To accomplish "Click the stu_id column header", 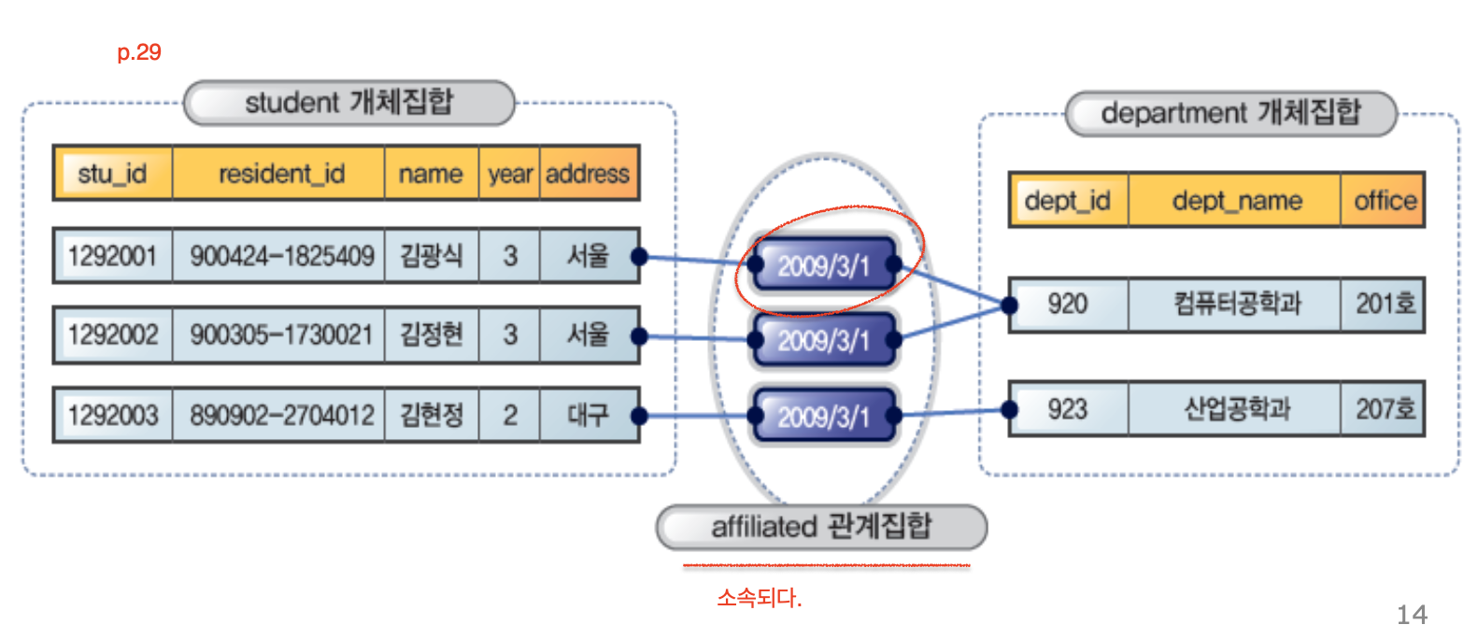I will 112,174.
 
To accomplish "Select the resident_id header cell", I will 280,174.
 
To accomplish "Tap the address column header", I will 588,174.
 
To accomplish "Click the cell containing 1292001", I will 112,255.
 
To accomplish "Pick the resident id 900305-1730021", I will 280,334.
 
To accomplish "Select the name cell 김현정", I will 431,414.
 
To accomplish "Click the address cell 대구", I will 588,414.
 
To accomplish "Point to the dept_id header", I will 1067,200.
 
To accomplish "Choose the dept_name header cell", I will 1236,200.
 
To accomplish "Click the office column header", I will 1385,200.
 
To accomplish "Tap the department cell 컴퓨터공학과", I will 1236,304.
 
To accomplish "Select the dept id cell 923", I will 1067,408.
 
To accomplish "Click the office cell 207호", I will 1385,408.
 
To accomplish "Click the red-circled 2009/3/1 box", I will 823,265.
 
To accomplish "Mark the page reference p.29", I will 139,52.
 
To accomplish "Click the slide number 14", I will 1411,615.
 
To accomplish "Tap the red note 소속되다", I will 759,598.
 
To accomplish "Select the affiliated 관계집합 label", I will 821,527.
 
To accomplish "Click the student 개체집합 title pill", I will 348,102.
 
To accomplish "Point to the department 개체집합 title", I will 1230,113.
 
